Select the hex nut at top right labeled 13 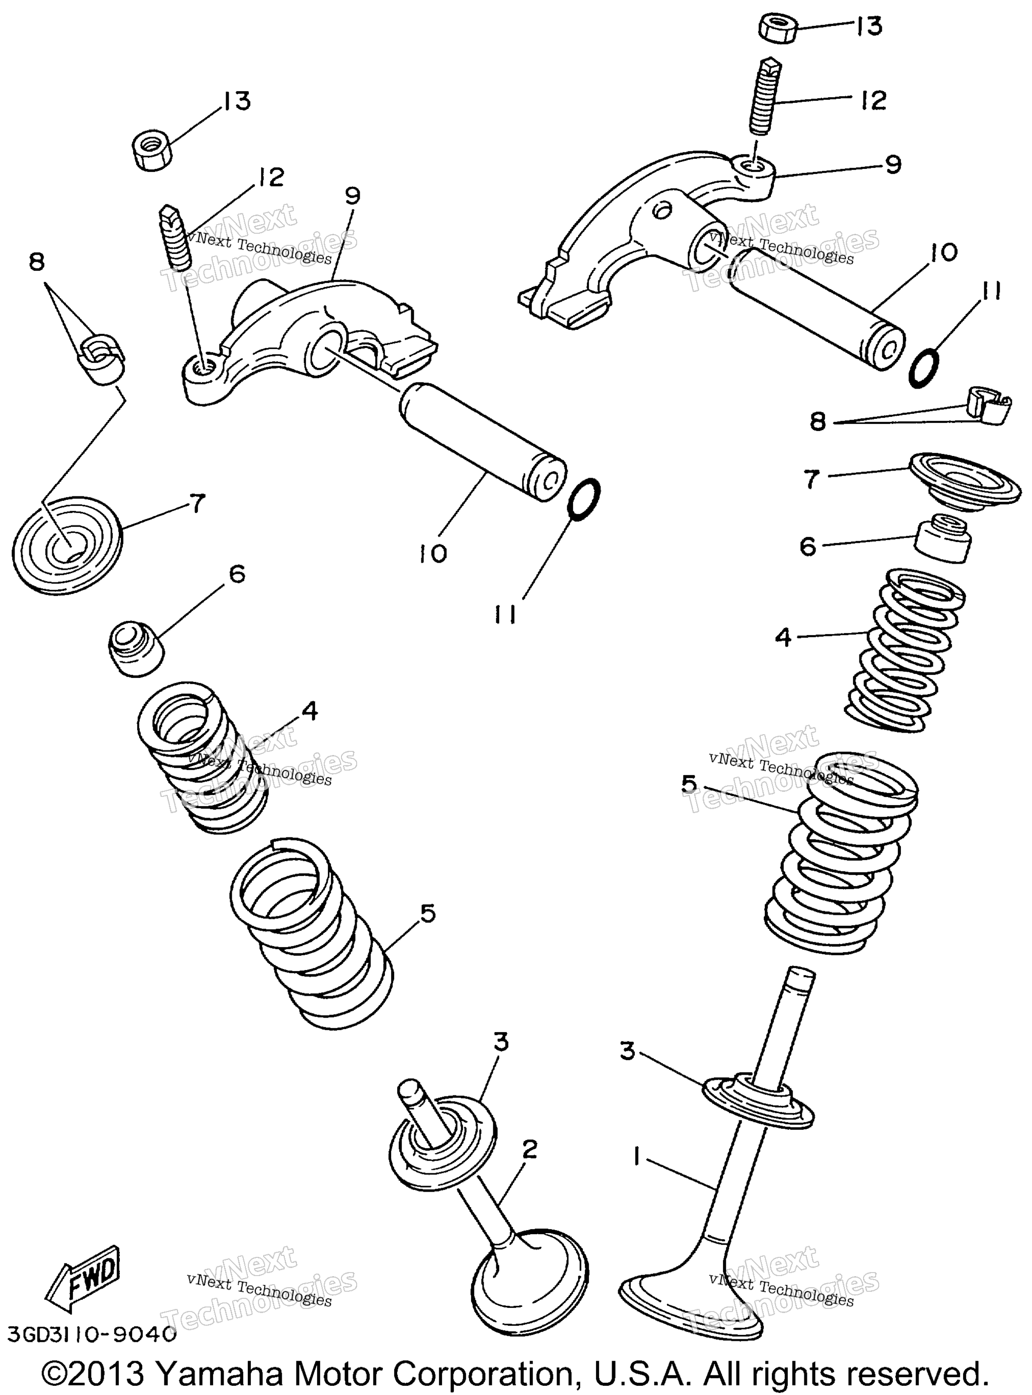click(x=779, y=28)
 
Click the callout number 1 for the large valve click(x=636, y=1159)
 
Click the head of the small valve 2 click(x=529, y=1273)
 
